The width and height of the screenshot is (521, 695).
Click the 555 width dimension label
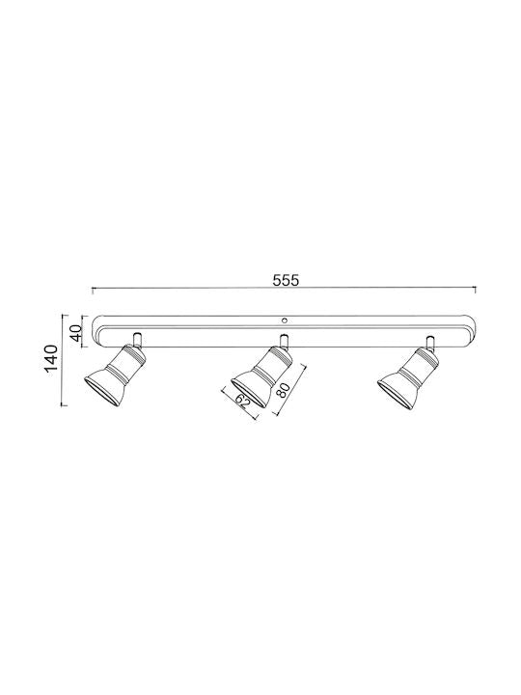286,280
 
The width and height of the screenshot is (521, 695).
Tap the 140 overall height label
51,359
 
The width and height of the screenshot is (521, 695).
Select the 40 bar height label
76,332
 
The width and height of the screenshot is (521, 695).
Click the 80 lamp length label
284,390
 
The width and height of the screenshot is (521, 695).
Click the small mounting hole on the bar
285,320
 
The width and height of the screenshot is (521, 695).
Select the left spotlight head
115,375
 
